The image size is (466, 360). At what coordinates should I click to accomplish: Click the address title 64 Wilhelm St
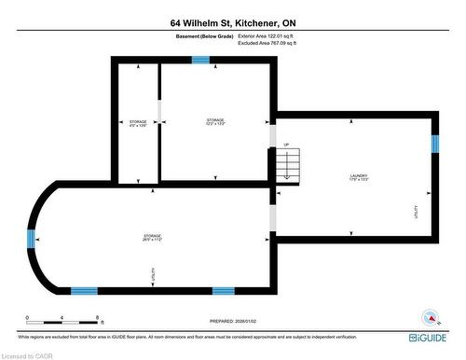tap(232, 21)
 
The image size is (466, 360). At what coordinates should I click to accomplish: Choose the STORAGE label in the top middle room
tap(215, 120)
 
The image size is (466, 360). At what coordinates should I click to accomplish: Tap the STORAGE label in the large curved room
tap(152, 237)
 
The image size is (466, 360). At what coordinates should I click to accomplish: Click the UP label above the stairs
tap(287, 145)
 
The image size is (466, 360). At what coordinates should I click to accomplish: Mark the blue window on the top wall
tap(200, 61)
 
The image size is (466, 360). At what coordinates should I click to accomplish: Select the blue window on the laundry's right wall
tap(434, 144)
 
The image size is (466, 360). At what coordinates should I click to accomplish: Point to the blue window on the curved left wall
tap(32, 237)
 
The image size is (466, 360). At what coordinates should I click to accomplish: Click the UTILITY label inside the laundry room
tap(416, 211)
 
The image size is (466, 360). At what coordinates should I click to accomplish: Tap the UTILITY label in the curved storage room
tap(153, 274)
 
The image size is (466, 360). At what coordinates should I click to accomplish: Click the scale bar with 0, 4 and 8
tap(63, 318)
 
